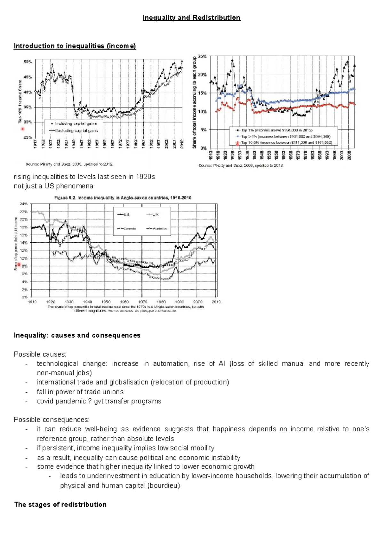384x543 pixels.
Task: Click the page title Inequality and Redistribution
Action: click(191, 18)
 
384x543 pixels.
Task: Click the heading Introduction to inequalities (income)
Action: click(75, 46)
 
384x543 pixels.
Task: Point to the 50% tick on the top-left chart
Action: click(28, 62)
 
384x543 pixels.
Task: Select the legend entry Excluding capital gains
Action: click(76, 131)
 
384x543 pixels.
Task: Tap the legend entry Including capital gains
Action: click(76, 124)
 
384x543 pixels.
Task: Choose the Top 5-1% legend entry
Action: click(285, 136)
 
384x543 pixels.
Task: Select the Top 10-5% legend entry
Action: click(286, 142)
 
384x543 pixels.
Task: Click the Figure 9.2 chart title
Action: click(123, 198)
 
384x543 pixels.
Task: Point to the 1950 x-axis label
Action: click(106, 302)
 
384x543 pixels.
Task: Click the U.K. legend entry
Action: click(155, 214)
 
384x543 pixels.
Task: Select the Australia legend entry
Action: click(159, 228)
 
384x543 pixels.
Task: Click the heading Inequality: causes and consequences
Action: click(77, 335)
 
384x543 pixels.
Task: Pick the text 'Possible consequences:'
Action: click(52, 419)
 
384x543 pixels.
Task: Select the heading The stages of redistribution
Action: click(60, 504)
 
